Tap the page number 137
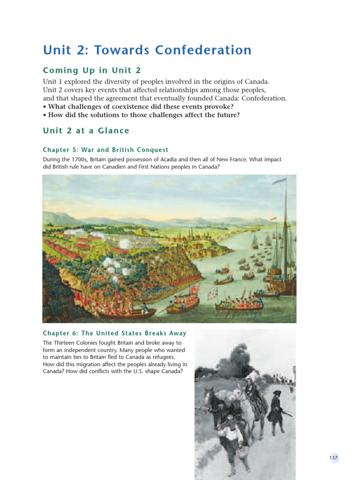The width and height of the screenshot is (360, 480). click(x=333, y=458)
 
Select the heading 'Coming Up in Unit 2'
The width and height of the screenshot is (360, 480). click(x=92, y=70)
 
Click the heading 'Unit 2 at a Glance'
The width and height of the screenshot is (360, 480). click(x=86, y=131)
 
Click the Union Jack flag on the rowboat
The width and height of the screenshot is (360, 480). click(x=212, y=294)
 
